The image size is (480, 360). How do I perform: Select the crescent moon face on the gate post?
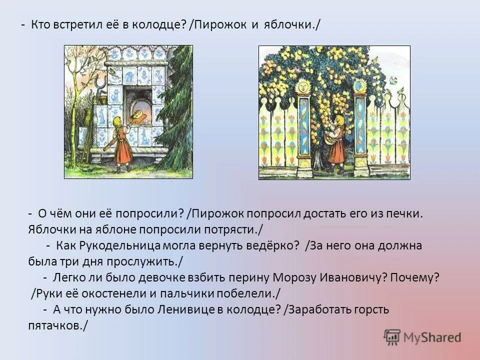pyautogui.click(x=358, y=85)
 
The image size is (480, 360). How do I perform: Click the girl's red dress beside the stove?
pyautogui.click(x=122, y=149)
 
